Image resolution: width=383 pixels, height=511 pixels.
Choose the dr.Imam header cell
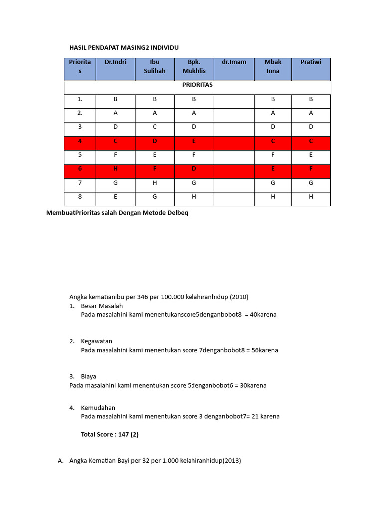point(234,62)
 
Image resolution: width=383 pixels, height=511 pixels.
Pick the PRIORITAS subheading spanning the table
point(197,85)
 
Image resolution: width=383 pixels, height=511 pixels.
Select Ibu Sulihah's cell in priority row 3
point(155,127)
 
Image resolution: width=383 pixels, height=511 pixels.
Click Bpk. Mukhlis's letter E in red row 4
point(193,141)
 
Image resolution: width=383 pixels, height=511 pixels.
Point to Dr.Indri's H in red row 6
point(115,169)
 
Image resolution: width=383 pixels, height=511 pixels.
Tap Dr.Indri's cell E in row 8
point(115,197)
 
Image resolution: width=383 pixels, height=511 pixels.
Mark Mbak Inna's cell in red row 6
point(273,169)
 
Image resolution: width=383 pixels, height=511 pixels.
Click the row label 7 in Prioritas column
point(80,183)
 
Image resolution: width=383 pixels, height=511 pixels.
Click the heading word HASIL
point(78,47)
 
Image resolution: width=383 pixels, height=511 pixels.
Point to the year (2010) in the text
point(239,297)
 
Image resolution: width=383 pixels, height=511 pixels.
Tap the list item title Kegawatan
point(97,341)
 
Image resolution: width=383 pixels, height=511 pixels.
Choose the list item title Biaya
point(88,376)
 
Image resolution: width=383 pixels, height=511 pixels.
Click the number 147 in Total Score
point(123,434)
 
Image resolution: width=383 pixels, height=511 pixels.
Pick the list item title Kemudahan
point(98,408)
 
